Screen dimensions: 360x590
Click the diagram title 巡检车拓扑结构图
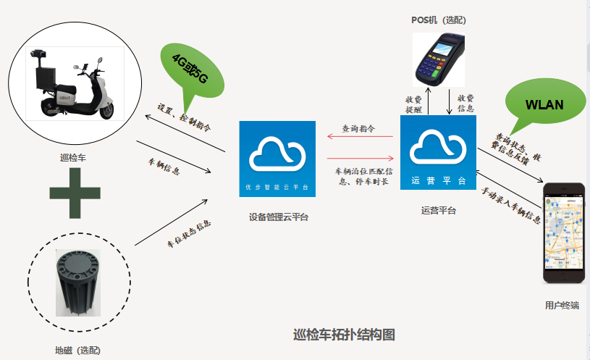point(345,335)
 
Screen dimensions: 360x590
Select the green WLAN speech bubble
point(544,104)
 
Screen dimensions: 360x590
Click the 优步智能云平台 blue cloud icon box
point(277,159)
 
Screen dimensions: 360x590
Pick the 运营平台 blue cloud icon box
point(438,151)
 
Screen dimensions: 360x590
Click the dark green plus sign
point(75,192)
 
